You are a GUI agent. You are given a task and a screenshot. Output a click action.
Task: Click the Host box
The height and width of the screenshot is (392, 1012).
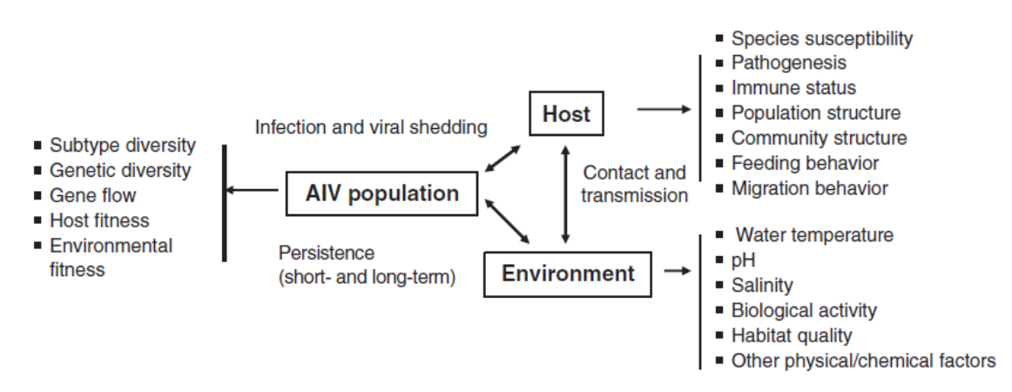566,113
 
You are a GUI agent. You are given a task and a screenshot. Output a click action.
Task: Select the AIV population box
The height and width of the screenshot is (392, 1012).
382,193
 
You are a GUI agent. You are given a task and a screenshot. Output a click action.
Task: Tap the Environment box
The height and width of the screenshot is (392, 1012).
568,274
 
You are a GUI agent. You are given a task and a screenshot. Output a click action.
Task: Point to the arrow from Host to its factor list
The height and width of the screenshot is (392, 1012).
664,110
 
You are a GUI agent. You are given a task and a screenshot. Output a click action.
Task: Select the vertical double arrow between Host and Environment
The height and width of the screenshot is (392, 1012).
566,193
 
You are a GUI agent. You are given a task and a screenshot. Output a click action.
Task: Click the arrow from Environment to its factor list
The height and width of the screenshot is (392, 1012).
677,271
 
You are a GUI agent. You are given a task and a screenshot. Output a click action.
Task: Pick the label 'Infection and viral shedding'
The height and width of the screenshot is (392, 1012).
371,128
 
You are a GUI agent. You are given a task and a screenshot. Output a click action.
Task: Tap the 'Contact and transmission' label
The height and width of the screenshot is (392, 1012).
635,184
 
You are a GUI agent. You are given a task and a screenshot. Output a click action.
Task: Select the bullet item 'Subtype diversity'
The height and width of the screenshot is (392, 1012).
122,145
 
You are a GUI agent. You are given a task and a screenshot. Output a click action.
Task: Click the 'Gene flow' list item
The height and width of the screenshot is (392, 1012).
92,196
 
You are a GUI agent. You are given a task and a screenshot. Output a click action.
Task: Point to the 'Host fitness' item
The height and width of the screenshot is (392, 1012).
99,221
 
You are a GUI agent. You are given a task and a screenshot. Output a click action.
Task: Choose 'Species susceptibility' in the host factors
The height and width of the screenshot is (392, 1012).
821,38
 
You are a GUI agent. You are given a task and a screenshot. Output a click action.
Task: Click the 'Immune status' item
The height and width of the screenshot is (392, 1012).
793,88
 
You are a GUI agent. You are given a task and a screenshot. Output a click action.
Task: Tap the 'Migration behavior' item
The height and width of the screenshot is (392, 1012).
809,188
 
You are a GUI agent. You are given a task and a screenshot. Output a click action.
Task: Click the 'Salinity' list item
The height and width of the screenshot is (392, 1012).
762,286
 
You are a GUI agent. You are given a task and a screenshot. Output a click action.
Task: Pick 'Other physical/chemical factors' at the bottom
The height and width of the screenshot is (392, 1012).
862,361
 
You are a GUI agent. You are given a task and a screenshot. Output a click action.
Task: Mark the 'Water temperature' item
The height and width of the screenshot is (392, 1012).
814,235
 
